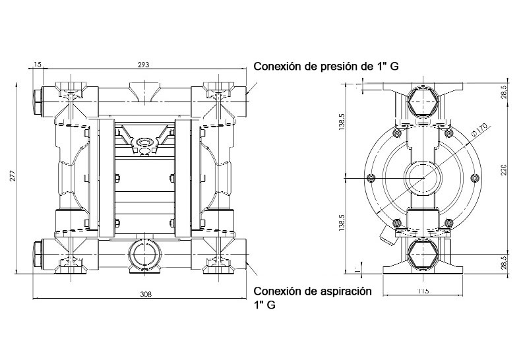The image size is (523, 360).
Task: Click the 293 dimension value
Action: (143, 64)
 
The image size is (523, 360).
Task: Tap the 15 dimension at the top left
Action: (37, 64)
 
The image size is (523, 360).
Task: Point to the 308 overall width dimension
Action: (146, 294)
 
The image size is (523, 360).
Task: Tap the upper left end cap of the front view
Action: (36, 98)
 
